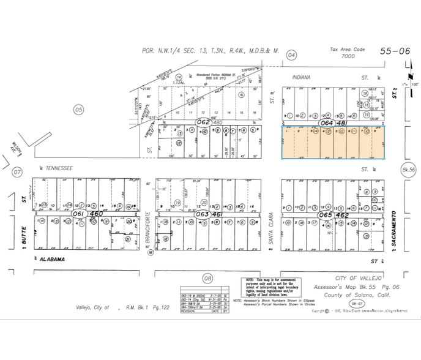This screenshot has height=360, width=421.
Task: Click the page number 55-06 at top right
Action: (395, 51)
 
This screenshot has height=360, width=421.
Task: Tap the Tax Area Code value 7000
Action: (348, 56)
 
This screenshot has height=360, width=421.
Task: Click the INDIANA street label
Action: (302, 78)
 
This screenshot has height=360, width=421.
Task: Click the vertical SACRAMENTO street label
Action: (397, 230)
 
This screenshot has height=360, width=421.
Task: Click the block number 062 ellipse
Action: (203, 122)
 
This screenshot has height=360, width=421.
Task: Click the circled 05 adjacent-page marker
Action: (78, 110)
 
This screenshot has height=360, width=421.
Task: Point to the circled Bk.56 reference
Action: (408, 169)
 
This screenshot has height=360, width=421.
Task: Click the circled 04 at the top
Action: (292, 56)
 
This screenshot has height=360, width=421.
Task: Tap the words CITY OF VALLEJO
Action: (358, 278)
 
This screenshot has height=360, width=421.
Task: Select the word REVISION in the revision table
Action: (190, 310)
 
